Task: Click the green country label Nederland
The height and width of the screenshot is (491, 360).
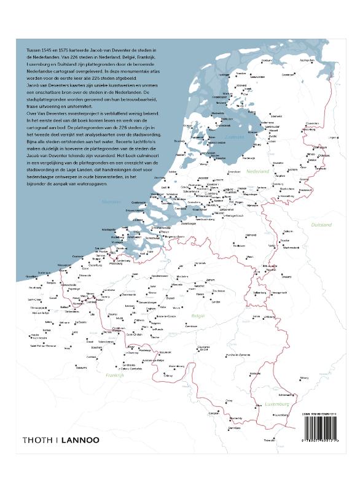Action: tap(258, 172)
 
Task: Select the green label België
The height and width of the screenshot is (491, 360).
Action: tap(198, 315)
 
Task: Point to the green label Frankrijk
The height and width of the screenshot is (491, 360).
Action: tap(114, 374)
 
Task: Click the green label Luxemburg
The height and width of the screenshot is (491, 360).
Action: tap(277, 404)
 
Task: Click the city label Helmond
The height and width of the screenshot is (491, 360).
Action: tap(251, 235)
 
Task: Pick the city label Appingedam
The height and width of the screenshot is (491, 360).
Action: tap(307, 61)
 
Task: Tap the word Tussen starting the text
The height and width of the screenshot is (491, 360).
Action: tap(36, 48)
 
